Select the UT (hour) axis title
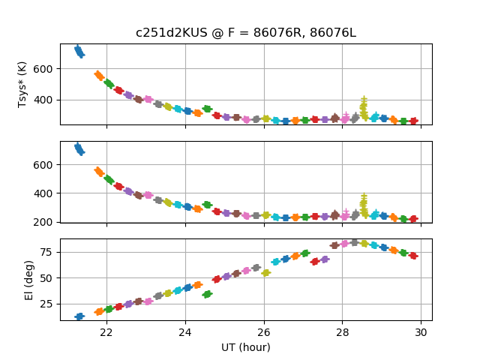[x=245, y=347]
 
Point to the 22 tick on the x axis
[x=106, y=332]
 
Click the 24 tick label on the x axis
[x=185, y=332]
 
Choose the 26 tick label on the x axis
[x=264, y=332]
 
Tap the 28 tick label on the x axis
[x=342, y=332]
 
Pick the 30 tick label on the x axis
[x=421, y=332]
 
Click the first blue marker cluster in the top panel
[x=79, y=51]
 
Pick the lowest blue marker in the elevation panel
[x=79, y=316]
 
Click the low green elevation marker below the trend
[x=207, y=294]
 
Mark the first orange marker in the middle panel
[x=99, y=172]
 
